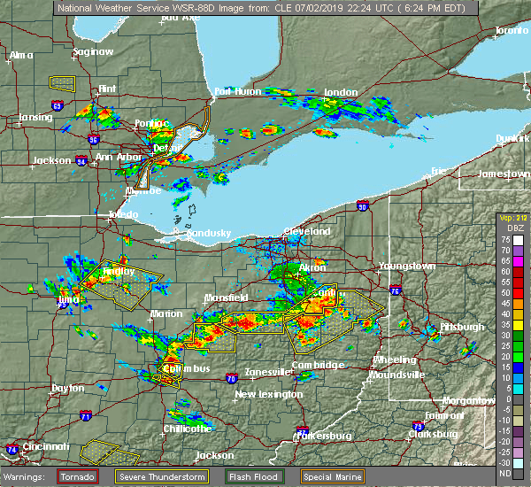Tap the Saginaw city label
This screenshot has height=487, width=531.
tap(94, 51)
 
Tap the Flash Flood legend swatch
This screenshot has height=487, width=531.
tap(233, 476)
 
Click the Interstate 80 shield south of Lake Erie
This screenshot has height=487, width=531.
tap(362, 205)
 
